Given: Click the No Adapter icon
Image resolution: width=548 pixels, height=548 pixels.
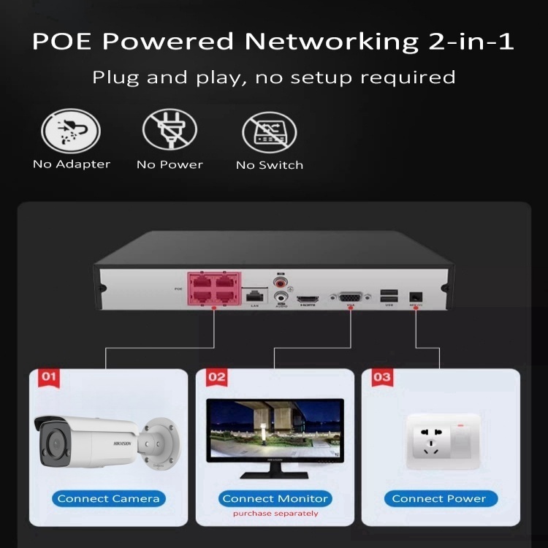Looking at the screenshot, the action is click(x=70, y=131).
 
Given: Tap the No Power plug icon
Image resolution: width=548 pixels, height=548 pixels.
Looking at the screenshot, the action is click(x=170, y=131).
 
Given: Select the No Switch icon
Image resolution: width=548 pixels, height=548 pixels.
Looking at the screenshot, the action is click(x=269, y=132).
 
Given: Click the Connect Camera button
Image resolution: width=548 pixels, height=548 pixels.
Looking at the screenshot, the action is click(x=108, y=499).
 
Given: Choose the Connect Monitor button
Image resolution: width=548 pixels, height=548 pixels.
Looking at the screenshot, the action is click(x=275, y=499).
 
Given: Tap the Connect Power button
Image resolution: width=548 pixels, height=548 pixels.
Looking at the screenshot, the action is click(x=439, y=499).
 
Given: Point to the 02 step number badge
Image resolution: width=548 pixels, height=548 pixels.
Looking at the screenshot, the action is click(x=216, y=377).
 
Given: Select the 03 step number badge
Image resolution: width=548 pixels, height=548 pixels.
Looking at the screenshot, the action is click(x=381, y=377).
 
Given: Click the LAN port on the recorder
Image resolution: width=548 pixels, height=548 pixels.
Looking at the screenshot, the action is click(x=255, y=295).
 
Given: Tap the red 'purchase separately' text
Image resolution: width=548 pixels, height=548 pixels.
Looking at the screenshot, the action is click(x=275, y=514).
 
